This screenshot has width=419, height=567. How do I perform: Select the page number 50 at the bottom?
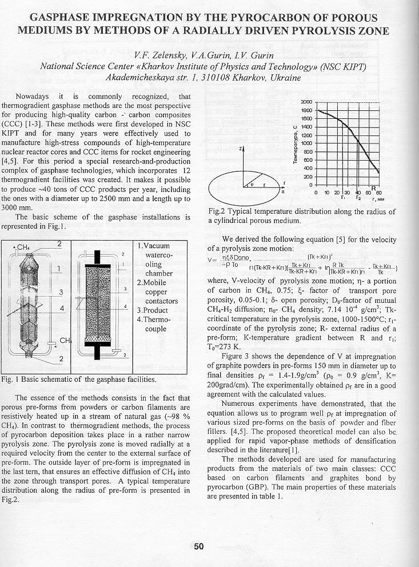(x=198, y=546)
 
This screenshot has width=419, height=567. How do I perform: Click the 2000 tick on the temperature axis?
(x=307, y=102)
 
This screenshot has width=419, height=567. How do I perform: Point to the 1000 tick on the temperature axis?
(x=307, y=143)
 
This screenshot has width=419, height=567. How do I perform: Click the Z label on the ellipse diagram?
(x=241, y=149)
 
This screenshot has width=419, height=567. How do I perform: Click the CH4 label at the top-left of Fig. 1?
(x=22, y=247)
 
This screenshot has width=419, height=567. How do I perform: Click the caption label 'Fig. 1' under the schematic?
(x=11, y=380)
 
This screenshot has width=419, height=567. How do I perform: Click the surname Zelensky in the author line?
(x=168, y=55)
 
